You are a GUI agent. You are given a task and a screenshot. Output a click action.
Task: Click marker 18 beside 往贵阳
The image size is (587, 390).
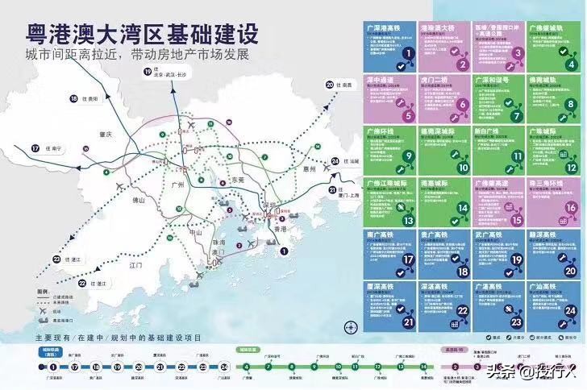point(73,98)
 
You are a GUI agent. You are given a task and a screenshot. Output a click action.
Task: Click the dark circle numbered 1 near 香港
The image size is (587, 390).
point(284,251)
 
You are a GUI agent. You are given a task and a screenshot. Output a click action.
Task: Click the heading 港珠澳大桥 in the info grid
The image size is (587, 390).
point(436,27)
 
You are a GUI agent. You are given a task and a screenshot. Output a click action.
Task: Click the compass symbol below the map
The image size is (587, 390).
point(350,327)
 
